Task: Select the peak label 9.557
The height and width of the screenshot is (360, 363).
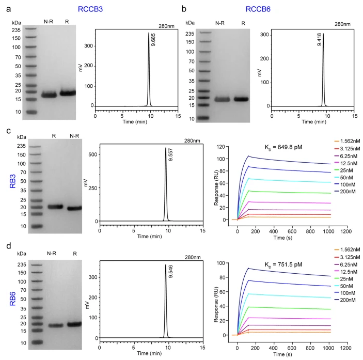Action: [170, 156]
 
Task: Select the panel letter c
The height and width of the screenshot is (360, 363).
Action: [5, 130]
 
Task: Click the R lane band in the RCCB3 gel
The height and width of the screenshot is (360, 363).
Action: [67, 93]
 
